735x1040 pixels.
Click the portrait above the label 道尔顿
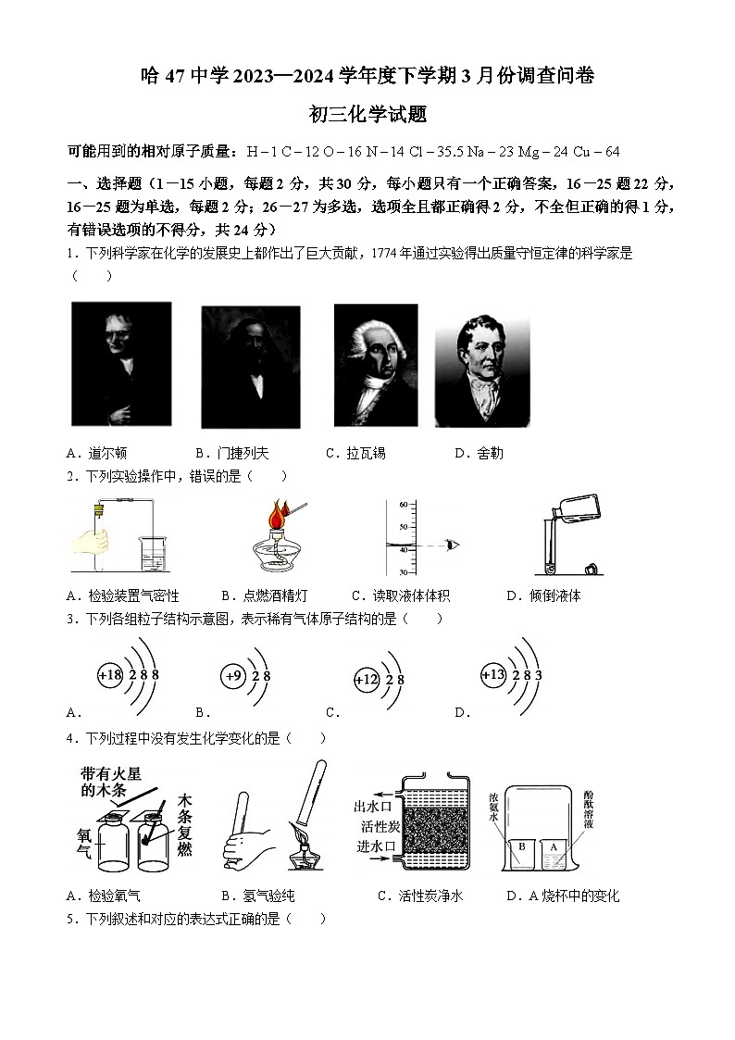point(120,364)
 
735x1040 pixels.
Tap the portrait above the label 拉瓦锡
point(375,366)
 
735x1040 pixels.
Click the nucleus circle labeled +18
point(110,675)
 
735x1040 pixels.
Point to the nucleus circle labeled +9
point(232,676)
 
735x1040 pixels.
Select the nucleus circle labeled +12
point(367,680)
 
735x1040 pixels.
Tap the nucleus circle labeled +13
point(493,675)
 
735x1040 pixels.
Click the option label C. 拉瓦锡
point(355,453)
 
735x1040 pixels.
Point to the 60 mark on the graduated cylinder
point(403,505)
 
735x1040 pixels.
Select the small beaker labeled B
point(522,849)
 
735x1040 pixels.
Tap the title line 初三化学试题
point(367,114)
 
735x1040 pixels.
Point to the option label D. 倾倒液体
point(543,595)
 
